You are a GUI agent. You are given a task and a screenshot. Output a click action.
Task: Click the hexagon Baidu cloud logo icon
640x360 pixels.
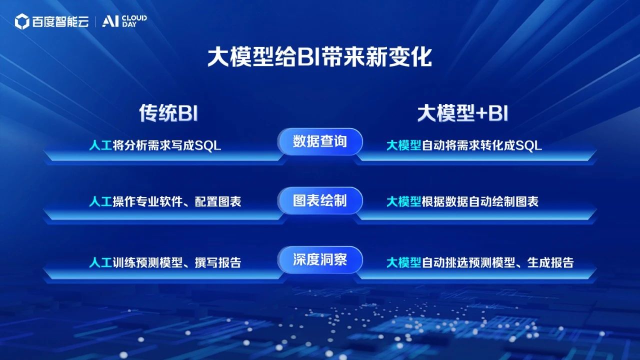(22, 21)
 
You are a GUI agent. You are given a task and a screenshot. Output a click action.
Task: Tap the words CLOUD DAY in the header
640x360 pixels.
(134, 21)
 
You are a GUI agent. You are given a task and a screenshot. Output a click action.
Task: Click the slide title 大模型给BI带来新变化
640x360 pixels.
(319, 57)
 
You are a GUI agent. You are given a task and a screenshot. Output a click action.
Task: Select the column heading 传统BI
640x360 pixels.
(168, 113)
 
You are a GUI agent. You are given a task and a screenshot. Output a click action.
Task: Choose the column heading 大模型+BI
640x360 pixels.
(463, 113)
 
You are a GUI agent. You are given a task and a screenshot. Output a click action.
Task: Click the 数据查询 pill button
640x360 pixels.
(320, 141)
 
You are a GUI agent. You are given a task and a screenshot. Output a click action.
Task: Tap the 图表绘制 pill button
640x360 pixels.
(320, 200)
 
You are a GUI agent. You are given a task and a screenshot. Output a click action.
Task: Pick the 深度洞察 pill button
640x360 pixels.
(320, 259)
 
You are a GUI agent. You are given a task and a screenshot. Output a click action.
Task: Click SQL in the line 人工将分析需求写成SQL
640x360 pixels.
(207, 145)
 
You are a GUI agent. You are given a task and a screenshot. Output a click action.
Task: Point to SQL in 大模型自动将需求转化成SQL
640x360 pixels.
(529, 145)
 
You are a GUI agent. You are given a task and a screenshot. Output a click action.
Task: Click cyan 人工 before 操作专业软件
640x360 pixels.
(100, 201)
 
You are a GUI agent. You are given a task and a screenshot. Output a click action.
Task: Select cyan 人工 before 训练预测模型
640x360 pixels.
(100, 262)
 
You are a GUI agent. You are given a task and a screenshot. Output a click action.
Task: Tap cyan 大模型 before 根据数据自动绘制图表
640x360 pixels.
(403, 201)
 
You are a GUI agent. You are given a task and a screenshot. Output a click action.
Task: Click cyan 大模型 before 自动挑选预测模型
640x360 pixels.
(403, 262)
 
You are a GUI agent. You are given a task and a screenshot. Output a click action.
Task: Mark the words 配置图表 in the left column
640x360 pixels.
(218, 201)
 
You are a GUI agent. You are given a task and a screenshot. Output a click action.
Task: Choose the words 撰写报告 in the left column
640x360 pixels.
(218, 262)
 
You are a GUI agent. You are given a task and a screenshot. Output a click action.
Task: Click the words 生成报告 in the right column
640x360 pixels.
(550, 262)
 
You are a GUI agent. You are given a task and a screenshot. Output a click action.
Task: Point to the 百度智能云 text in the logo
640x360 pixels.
(60, 21)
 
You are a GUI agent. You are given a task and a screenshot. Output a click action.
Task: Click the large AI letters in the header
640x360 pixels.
(110, 21)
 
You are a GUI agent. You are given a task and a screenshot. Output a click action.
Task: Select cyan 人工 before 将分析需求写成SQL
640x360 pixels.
(100, 145)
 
